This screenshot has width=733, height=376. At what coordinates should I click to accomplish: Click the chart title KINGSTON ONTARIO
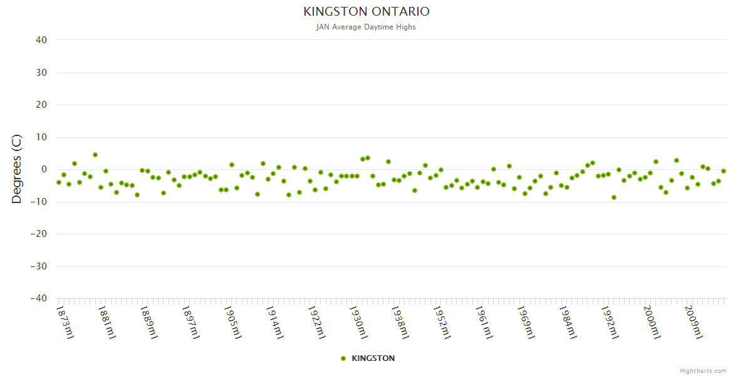tap(366, 12)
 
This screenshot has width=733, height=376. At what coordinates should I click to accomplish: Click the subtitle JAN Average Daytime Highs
tap(366, 27)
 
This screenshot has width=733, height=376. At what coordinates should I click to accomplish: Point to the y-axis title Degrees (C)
tap(17, 169)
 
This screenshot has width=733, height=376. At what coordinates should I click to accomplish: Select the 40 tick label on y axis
tap(41, 40)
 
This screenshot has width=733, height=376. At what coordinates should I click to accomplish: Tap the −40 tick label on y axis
tap(39, 299)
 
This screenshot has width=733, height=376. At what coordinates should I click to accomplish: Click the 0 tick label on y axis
tap(44, 169)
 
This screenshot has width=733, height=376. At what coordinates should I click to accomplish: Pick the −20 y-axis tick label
tap(39, 234)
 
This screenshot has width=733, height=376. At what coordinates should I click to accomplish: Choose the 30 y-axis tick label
tap(41, 73)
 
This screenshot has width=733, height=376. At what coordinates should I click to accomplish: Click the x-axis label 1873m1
tap(65, 322)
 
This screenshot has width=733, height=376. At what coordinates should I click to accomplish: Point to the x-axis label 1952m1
tap(442, 322)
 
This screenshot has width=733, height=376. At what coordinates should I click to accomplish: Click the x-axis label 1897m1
tap(190, 322)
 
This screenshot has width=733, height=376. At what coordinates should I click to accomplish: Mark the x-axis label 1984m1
tap(568, 322)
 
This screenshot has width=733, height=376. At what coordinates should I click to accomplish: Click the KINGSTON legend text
tap(373, 358)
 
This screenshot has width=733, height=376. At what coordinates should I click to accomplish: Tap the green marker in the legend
tap(343, 358)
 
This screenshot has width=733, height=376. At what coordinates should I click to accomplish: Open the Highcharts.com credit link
tap(703, 370)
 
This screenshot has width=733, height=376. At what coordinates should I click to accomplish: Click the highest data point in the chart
tap(95, 155)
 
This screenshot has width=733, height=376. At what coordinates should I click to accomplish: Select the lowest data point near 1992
tap(614, 197)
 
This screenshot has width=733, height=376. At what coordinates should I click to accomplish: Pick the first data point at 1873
tap(59, 182)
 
